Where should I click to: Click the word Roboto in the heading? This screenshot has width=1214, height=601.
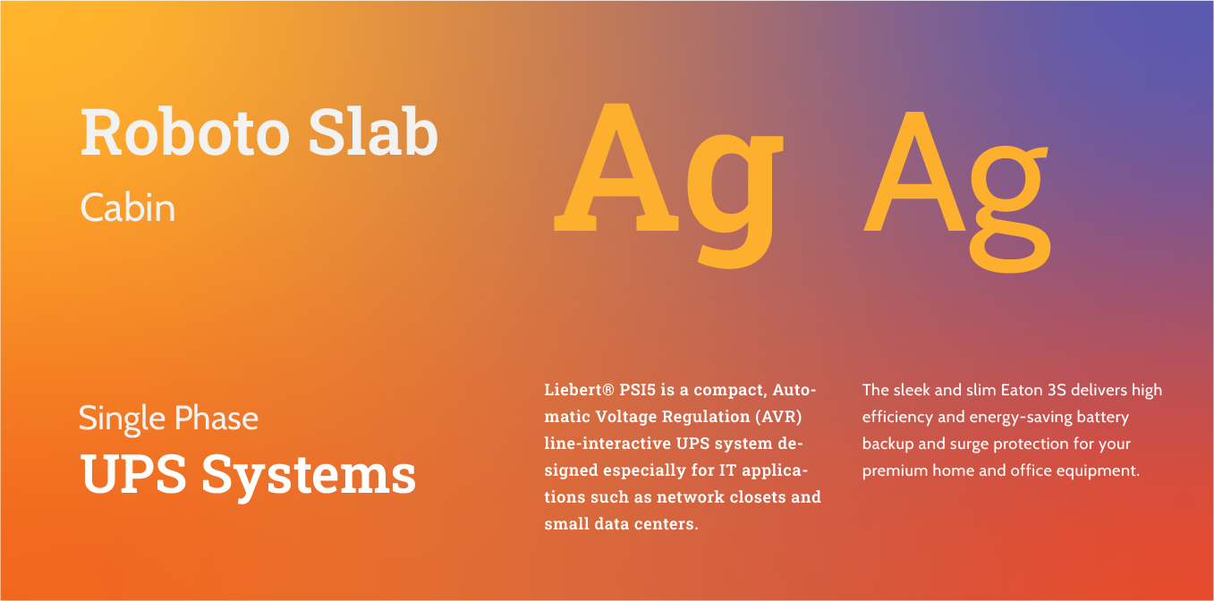184,132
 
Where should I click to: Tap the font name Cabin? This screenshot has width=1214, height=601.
127,208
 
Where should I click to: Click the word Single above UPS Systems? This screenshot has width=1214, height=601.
123,419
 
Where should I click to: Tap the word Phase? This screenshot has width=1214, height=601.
216,418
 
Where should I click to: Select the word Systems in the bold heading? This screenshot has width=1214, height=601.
309,474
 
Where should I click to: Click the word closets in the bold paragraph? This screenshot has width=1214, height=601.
737,497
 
